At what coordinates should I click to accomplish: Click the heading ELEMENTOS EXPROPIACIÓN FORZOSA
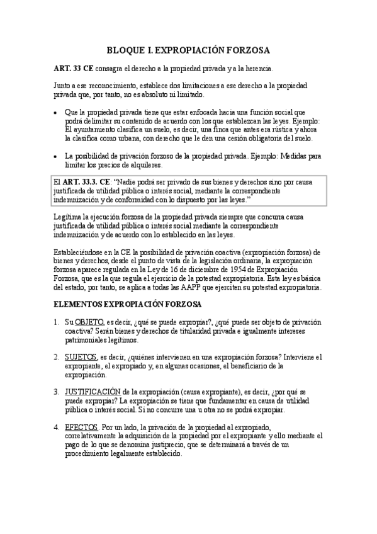click(x=126, y=304)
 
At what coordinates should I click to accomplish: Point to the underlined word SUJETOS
click(x=81, y=356)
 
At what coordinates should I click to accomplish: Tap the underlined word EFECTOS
click(x=81, y=426)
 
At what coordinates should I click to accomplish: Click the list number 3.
click(x=56, y=391)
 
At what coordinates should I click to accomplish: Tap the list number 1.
click(x=56, y=322)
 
